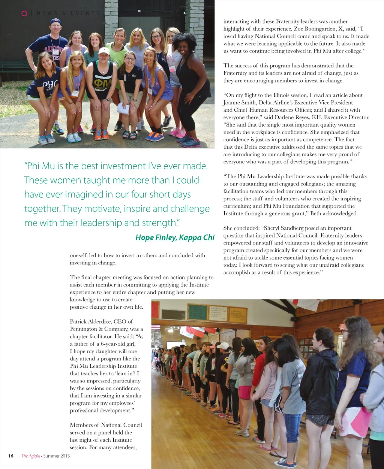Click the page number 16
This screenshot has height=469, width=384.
pyautogui.click(x=11, y=456)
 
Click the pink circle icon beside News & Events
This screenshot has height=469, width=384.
pyautogui.click(x=24, y=13)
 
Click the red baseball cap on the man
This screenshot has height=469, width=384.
pyautogui.click(x=56, y=22)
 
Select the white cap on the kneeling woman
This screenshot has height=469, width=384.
pyautogui.click(x=104, y=51)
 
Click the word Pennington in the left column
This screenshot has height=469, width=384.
pyautogui.click(x=84, y=329)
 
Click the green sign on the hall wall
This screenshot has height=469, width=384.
pyautogui.click(x=197, y=312)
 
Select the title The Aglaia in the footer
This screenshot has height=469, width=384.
pyautogui.click(x=30, y=456)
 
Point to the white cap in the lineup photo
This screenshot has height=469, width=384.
pyautogui.click(x=223, y=346)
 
